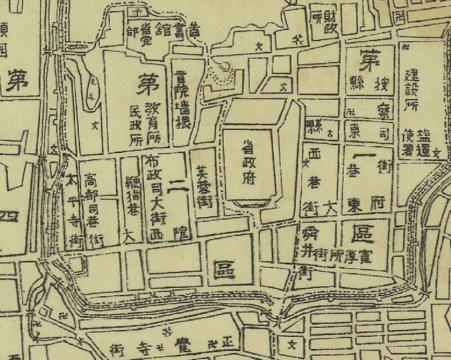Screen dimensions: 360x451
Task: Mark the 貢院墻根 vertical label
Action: point(182,99)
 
